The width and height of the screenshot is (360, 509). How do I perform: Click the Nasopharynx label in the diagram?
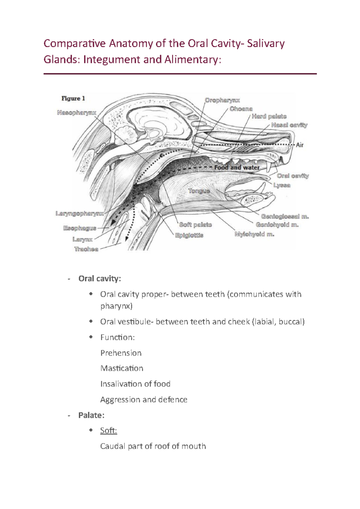tap(77, 113)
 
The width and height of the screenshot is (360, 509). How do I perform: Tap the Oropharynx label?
tap(222, 100)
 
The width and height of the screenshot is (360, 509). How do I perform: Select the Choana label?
tap(241, 109)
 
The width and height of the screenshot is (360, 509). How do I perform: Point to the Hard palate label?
tap(269, 116)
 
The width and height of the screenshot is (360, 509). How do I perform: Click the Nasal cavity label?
tap(289, 125)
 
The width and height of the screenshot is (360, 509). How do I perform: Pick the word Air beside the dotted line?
tap(300, 145)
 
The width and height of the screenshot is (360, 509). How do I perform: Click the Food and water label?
tap(237, 168)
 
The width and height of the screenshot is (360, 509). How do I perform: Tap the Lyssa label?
tap(282, 185)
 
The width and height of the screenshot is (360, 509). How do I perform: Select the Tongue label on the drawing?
tap(199, 191)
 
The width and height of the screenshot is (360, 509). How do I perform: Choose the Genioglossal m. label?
tap(285, 216)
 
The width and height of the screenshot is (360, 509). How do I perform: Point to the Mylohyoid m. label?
tap(254, 234)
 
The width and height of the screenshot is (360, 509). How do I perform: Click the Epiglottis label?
tap(189, 235)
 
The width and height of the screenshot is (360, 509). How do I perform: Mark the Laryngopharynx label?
tap(80, 213)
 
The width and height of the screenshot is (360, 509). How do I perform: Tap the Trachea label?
tap(86, 249)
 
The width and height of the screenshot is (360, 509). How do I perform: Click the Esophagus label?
tap(80, 228)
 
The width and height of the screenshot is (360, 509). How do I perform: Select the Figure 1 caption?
tap(73, 98)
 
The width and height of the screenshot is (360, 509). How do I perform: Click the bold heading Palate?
tap(91, 415)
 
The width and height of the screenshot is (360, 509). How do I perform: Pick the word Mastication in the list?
tap(122, 368)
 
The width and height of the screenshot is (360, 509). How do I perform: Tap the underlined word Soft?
tap(109, 431)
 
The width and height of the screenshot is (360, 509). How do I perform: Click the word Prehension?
tap(121, 353)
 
